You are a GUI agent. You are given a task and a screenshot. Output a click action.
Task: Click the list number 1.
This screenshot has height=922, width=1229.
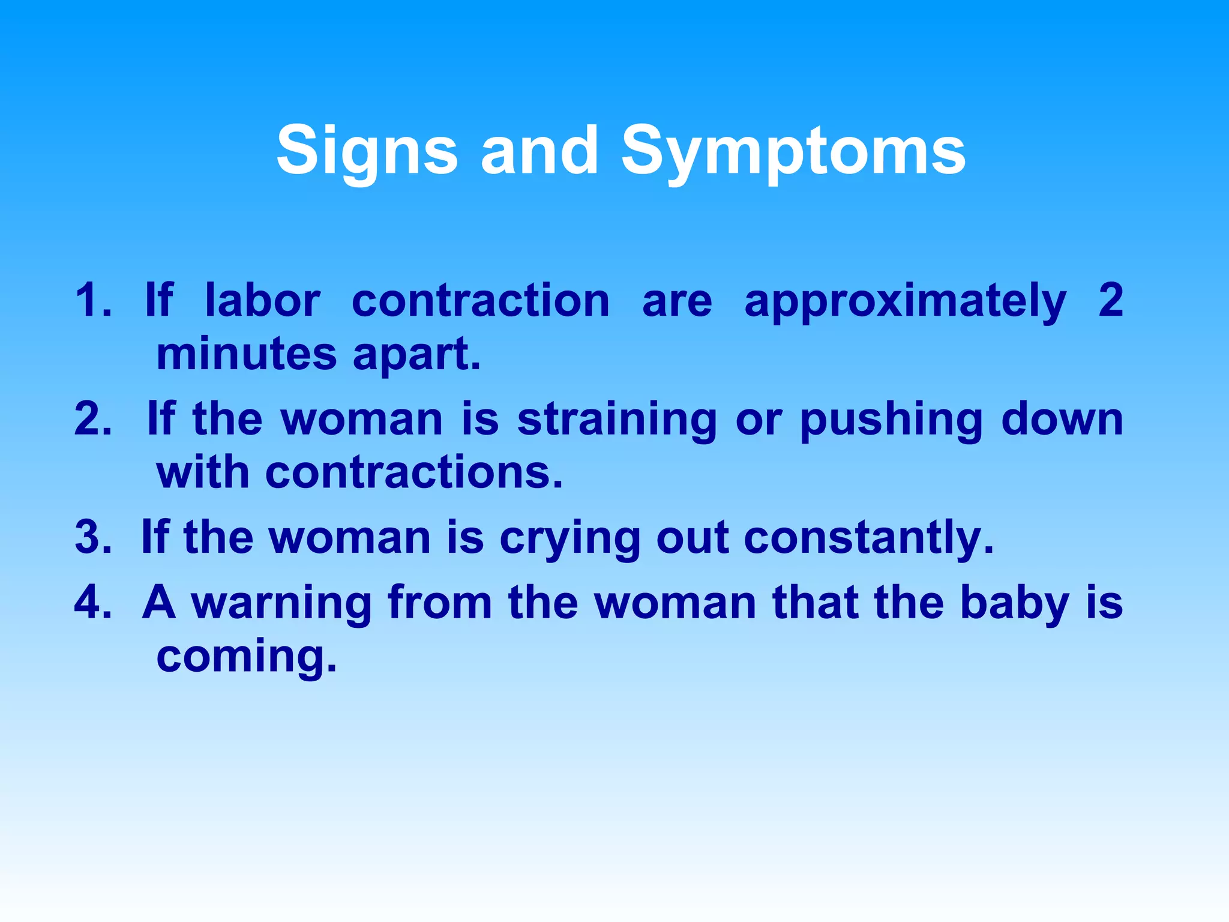click(92, 300)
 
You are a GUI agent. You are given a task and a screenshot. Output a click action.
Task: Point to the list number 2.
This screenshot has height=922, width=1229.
click(92, 419)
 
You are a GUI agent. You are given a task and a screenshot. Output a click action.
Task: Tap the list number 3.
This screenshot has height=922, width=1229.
click(92, 537)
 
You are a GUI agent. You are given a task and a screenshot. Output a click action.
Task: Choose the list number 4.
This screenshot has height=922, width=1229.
click(92, 602)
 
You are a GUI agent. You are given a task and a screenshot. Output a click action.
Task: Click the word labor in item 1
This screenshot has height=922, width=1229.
click(262, 300)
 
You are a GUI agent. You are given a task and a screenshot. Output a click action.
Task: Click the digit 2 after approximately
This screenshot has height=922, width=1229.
click(1110, 300)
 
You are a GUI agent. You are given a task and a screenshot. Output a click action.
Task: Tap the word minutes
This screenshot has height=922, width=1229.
click(246, 354)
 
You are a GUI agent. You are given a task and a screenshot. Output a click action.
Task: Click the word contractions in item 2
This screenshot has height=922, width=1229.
click(414, 472)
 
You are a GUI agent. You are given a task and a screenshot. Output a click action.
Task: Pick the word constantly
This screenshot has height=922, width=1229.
click(868, 537)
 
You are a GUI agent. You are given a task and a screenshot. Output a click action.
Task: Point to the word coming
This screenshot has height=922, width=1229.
click(246, 657)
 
